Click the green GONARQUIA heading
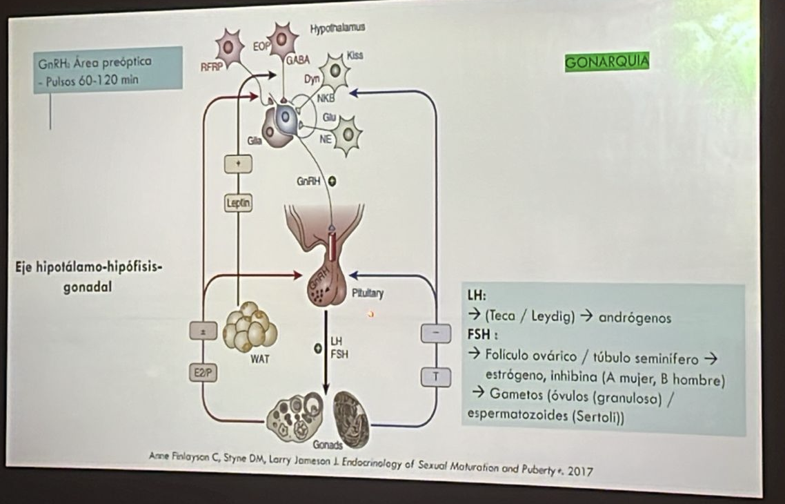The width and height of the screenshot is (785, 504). click(606, 62)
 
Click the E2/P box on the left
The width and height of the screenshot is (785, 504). click(203, 372)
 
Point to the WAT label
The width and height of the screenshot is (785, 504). click(260, 359)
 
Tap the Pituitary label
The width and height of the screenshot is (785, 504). click(368, 293)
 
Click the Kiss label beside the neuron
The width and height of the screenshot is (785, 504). click(355, 55)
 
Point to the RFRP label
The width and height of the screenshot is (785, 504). click(209, 68)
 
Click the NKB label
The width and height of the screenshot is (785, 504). click(324, 99)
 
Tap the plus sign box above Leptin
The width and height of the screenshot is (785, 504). click(238, 164)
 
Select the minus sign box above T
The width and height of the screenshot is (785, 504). click(435, 333)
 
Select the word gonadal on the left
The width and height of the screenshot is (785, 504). click(88, 288)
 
